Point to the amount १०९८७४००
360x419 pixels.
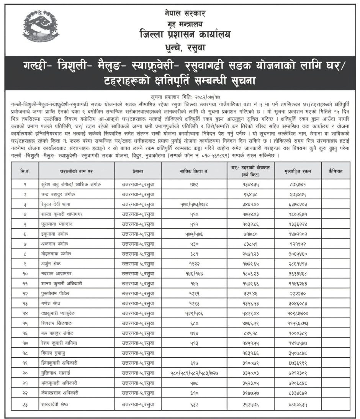click(298, 313)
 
